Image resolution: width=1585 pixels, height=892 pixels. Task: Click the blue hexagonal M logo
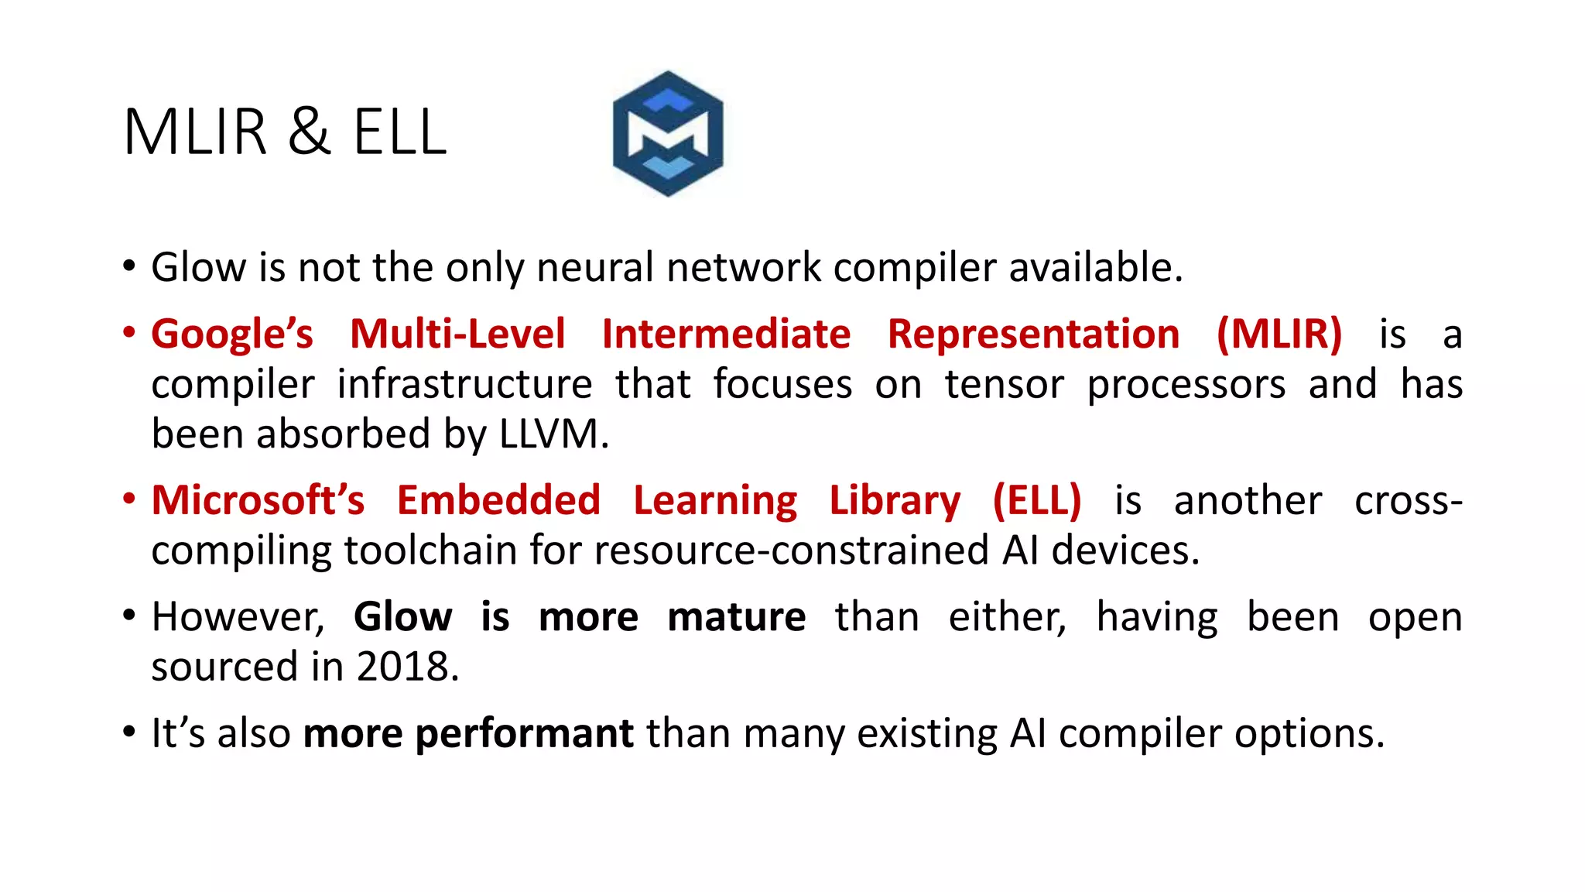pyautogui.click(x=668, y=133)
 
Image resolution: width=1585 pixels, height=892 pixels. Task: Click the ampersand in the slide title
pyautogui.click(x=310, y=132)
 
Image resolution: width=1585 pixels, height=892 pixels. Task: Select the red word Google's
pyautogui.click(x=232, y=335)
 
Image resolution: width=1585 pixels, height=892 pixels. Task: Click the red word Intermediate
pyautogui.click(x=726, y=335)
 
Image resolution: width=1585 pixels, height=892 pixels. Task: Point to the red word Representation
pyautogui.click(x=1033, y=335)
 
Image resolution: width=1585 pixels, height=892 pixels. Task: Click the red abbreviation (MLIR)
pyautogui.click(x=1279, y=335)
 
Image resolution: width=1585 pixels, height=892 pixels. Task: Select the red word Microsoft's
pyautogui.click(x=258, y=501)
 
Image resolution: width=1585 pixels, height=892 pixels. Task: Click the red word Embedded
pyautogui.click(x=498, y=501)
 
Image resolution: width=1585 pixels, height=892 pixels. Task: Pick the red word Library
pyautogui.click(x=895, y=501)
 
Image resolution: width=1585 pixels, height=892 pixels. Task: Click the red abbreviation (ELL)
pyautogui.click(x=1037, y=501)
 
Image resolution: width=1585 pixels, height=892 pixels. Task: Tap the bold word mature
pyautogui.click(x=736, y=618)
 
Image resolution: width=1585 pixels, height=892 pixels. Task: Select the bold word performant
pyautogui.click(x=468, y=734)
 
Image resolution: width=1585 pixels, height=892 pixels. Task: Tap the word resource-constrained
pyautogui.click(x=792, y=551)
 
